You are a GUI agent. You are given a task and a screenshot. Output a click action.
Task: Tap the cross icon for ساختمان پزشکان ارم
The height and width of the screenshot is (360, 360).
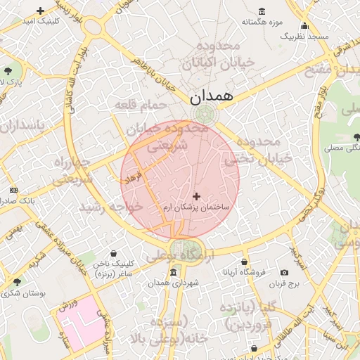[x=196, y=196]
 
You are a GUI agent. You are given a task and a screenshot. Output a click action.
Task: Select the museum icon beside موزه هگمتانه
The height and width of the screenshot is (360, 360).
[x=262, y=11]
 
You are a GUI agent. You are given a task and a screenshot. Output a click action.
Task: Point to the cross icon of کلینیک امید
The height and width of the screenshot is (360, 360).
[x=40, y=11]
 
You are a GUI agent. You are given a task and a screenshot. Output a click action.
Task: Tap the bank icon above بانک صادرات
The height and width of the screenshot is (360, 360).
[x=13, y=191]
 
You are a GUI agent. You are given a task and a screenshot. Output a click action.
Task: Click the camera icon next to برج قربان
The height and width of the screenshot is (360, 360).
[x=284, y=273]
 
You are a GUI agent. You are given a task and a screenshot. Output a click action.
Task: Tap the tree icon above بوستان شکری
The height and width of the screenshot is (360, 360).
[x=17, y=282]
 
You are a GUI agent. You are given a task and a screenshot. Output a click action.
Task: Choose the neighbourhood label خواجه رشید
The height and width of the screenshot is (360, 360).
[x=110, y=207]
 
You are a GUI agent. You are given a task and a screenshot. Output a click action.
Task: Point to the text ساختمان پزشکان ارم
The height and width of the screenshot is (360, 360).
[x=196, y=209]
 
